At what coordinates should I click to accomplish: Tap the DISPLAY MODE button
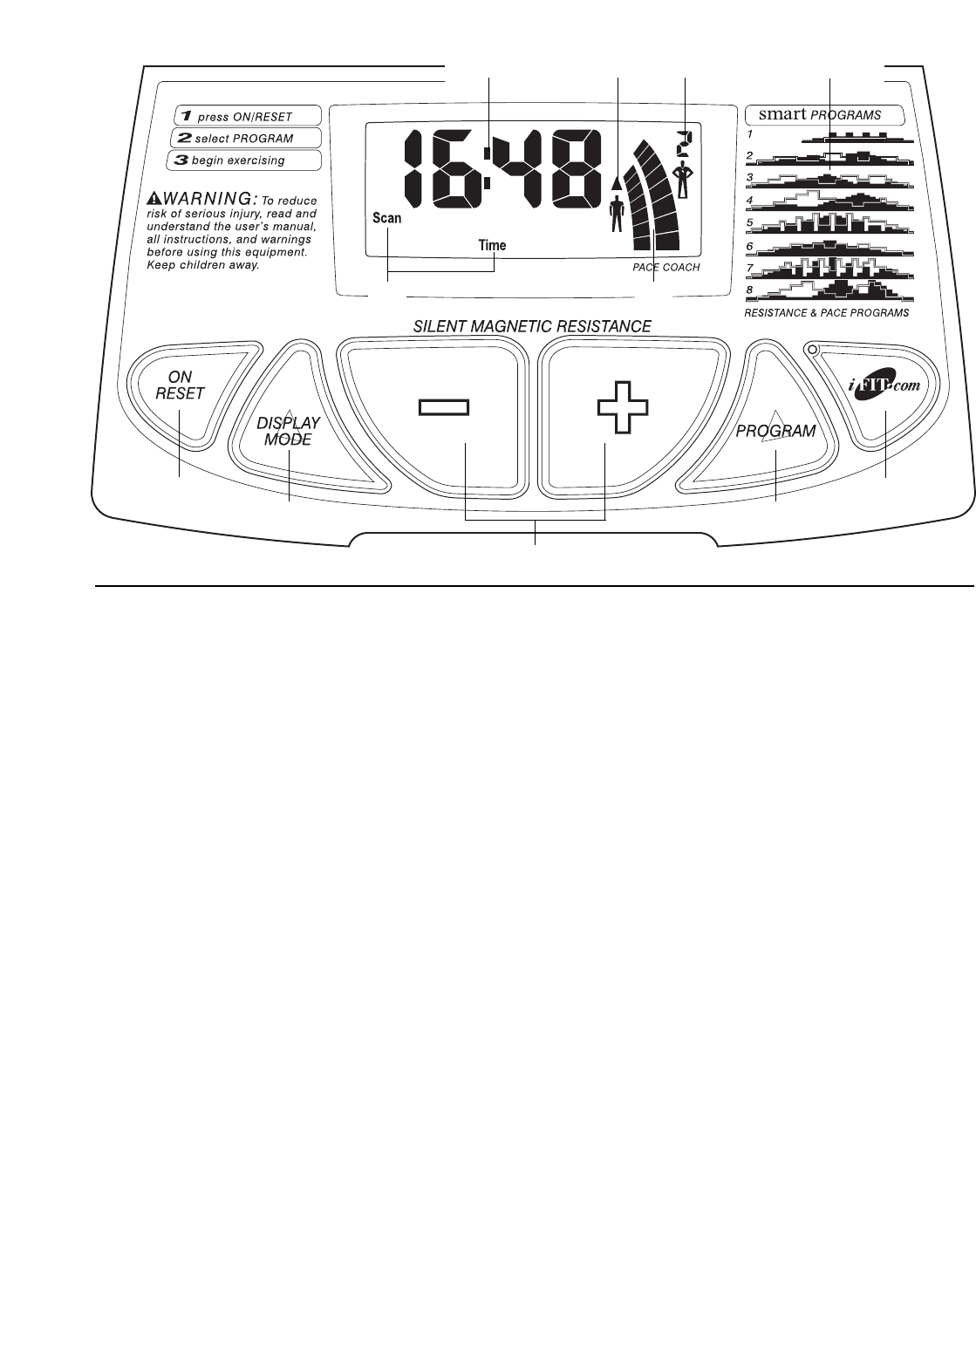click(288, 431)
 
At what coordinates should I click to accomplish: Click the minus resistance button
click(443, 410)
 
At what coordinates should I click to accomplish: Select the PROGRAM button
click(775, 430)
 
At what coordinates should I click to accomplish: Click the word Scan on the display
click(387, 218)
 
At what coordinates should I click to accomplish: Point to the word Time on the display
click(492, 245)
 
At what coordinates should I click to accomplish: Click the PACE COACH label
click(666, 268)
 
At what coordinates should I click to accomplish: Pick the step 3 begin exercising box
click(243, 160)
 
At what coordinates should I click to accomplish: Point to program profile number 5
click(833, 222)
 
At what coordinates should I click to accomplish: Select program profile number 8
click(833, 289)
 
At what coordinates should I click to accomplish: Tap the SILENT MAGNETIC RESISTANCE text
click(532, 327)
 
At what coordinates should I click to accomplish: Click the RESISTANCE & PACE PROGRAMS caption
click(825, 311)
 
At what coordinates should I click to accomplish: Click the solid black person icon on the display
click(618, 215)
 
